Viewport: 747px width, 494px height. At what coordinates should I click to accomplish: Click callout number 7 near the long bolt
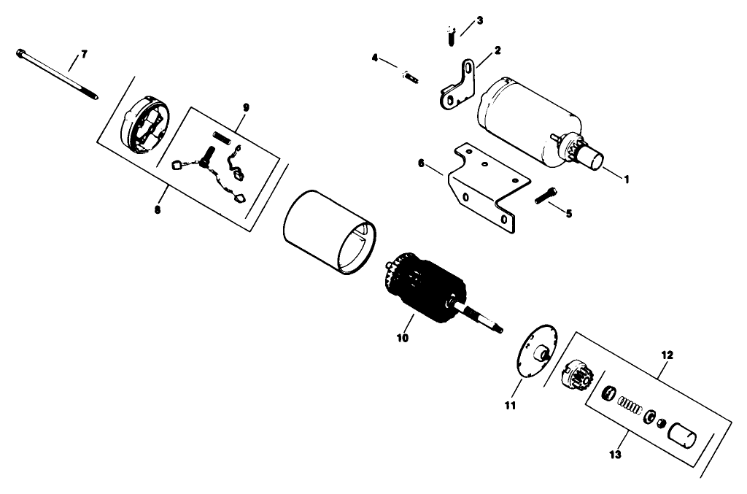pos(83,55)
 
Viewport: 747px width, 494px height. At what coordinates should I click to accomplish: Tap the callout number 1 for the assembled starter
pos(625,177)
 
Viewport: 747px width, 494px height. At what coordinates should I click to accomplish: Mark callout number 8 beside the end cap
pos(158,210)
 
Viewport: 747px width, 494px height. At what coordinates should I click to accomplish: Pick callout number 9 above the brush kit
pos(246,107)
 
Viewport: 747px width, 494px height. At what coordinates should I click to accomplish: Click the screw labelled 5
pos(546,196)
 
